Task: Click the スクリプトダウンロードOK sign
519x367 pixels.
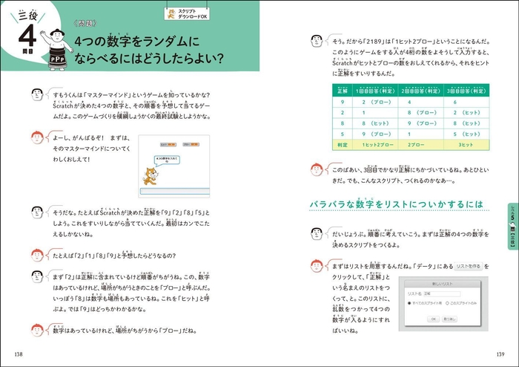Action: (x=189, y=13)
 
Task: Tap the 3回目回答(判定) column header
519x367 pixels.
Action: (x=456, y=89)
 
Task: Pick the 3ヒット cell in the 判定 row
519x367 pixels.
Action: (x=456, y=145)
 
